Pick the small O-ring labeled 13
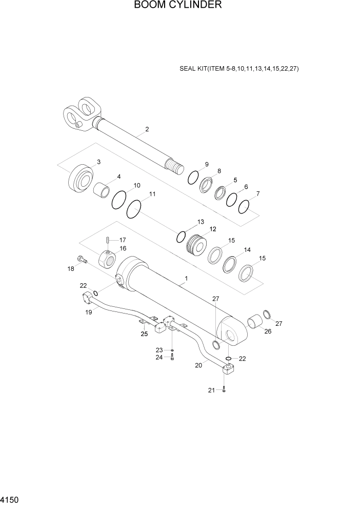point(181,237)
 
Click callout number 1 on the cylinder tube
point(186,279)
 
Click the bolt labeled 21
point(224,389)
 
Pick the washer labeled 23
point(172,350)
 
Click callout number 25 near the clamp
point(144,334)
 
